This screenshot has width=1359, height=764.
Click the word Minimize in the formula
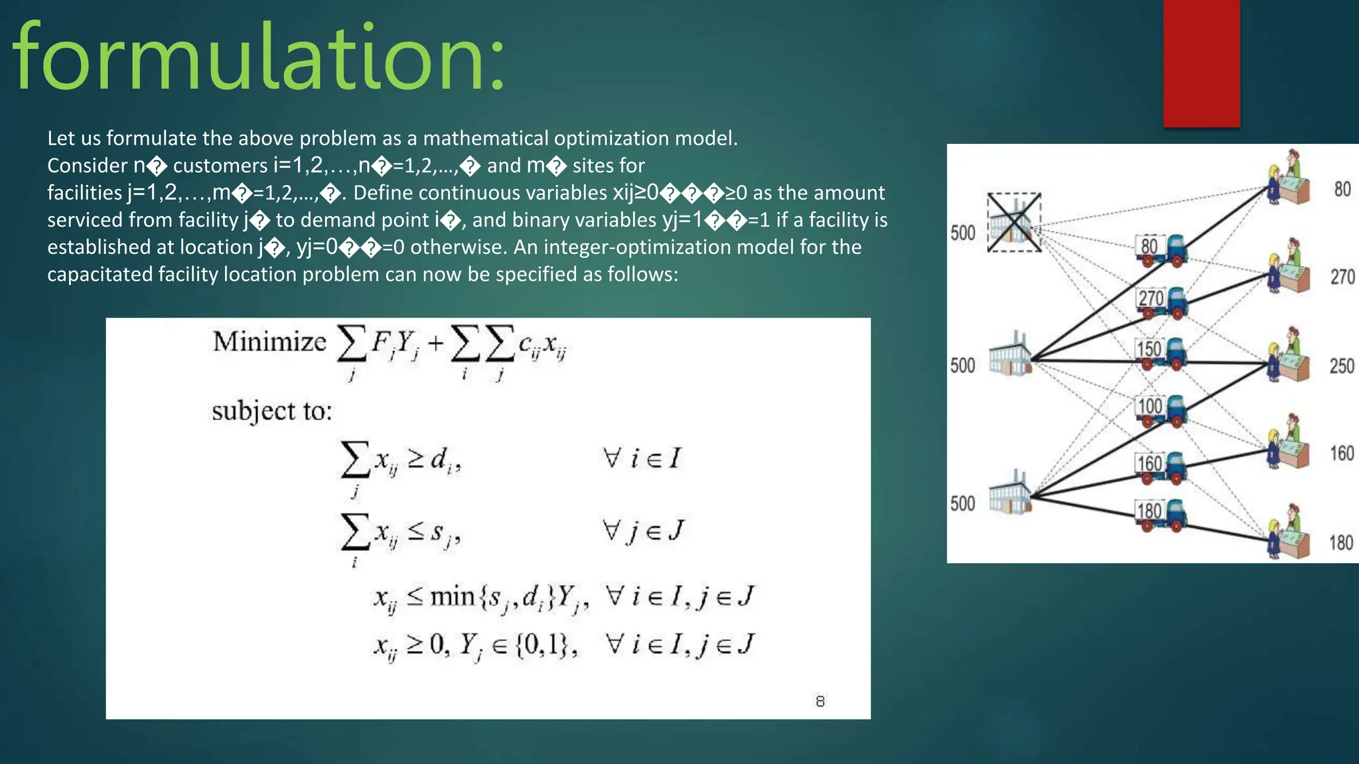pyautogui.click(x=269, y=342)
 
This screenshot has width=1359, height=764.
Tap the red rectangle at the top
pyautogui.click(x=1201, y=63)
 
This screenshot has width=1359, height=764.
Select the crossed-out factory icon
pyautogui.click(x=1013, y=222)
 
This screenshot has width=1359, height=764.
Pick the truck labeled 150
pyautogui.click(x=1161, y=352)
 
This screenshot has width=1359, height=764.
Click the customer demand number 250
pyautogui.click(x=1342, y=366)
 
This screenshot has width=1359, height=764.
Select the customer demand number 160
pyautogui.click(x=1342, y=454)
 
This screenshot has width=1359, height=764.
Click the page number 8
pyautogui.click(x=820, y=702)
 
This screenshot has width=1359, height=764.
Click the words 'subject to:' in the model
pyautogui.click(x=271, y=412)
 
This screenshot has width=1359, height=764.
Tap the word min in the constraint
pyautogui.click(x=452, y=597)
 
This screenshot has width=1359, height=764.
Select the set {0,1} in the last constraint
pyautogui.click(x=541, y=645)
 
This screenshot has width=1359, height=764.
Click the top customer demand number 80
pyautogui.click(x=1342, y=190)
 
